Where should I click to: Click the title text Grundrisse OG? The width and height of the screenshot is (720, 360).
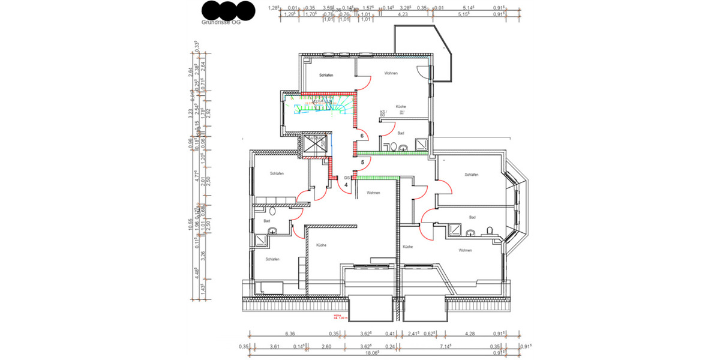(x=221, y=22)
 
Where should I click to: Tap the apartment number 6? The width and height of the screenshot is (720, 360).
(x=362, y=136)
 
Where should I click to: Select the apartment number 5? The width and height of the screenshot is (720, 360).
(x=362, y=162)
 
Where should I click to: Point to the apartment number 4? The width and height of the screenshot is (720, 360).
(x=346, y=185)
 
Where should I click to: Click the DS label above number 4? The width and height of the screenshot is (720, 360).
(x=346, y=178)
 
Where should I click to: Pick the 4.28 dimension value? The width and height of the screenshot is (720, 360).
(x=470, y=333)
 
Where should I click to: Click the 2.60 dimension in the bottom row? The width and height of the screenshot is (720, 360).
(x=326, y=346)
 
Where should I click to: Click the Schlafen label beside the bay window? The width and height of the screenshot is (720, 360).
(x=471, y=175)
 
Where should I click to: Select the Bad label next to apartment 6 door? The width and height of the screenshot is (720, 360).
(x=400, y=133)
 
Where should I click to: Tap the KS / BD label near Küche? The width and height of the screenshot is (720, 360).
(x=382, y=112)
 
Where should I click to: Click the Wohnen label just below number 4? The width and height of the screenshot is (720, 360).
(x=373, y=193)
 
